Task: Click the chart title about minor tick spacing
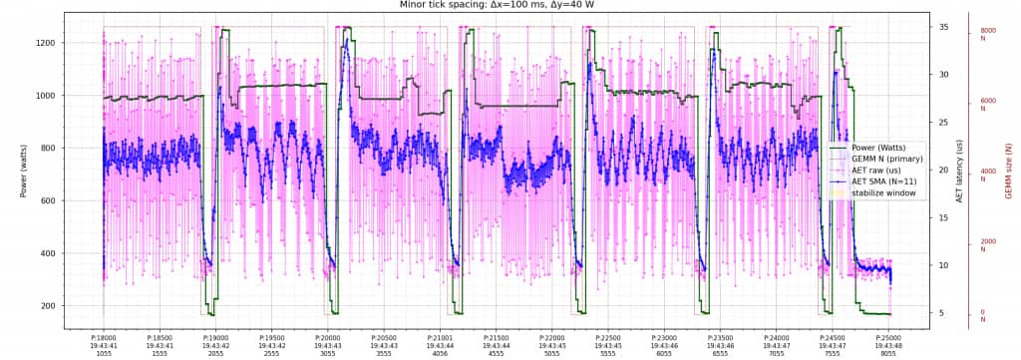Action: [x=510, y=5]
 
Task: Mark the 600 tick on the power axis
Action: [x=50, y=200]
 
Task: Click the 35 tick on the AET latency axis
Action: [x=942, y=27]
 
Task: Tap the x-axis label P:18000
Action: [x=104, y=338]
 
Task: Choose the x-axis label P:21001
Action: [x=440, y=338]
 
